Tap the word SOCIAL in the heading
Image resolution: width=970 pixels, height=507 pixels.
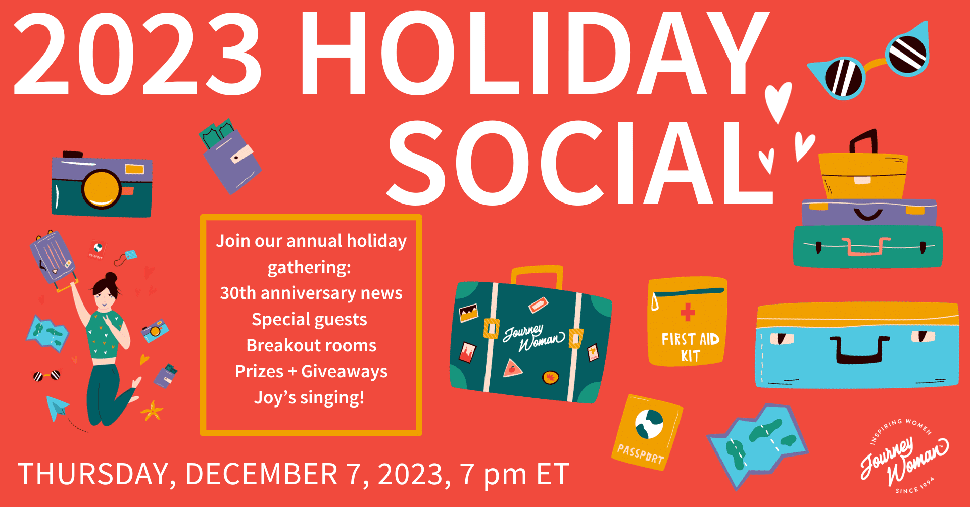click(580, 163)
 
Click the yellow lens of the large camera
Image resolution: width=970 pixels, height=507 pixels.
click(102, 189)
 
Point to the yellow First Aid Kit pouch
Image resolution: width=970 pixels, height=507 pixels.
click(688, 321)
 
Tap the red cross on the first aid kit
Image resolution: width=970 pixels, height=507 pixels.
click(687, 312)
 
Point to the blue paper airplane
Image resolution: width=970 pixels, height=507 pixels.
click(57, 408)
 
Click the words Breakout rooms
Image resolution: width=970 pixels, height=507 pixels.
click(311, 345)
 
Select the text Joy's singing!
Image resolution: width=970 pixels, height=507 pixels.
click(309, 397)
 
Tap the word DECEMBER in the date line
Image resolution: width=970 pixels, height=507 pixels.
click(261, 474)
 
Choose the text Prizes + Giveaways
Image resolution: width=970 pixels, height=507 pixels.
click(311, 372)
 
